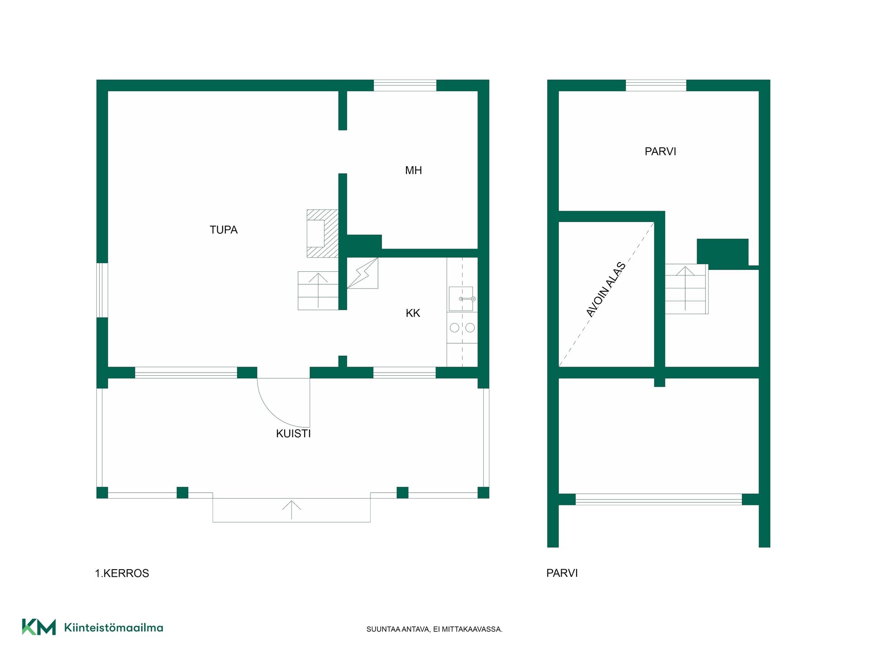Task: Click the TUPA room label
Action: [224, 230]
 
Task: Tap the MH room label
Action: [413, 170]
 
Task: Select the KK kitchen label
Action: [413, 313]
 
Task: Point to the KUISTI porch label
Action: [293, 434]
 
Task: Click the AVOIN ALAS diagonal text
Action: [606, 289]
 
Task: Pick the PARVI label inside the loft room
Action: [660, 151]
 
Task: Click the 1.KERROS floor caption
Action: [122, 573]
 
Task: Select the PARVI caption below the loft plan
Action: [562, 573]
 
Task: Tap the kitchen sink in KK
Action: [461, 299]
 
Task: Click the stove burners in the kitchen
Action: [462, 327]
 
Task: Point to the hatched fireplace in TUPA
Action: [322, 233]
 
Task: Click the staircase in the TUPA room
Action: [318, 291]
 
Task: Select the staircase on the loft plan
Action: [686, 289]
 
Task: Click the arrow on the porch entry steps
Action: [291, 510]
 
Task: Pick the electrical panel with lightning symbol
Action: [363, 273]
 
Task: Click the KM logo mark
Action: [39, 627]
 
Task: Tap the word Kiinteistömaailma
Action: [114, 627]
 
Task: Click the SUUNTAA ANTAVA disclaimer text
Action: [434, 629]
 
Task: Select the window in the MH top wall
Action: [405, 85]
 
